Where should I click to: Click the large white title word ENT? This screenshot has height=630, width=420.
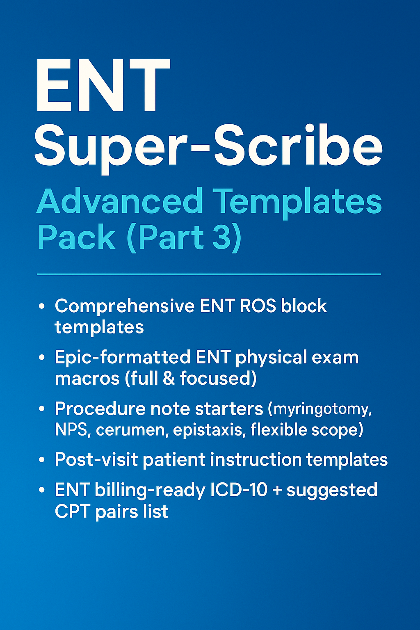point(103,85)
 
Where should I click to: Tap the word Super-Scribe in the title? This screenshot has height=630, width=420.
point(208,149)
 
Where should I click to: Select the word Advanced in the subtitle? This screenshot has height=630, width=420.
point(120,201)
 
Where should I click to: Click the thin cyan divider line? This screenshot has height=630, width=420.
point(209,274)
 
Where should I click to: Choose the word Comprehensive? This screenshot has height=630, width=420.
point(125,306)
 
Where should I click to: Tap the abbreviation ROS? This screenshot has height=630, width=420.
point(258,306)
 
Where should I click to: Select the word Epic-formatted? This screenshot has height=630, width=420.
point(122,357)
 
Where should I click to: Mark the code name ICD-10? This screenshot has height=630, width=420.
point(239,490)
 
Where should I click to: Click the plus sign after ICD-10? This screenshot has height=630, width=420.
point(277,491)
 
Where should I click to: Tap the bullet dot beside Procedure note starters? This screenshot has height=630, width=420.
point(42,409)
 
